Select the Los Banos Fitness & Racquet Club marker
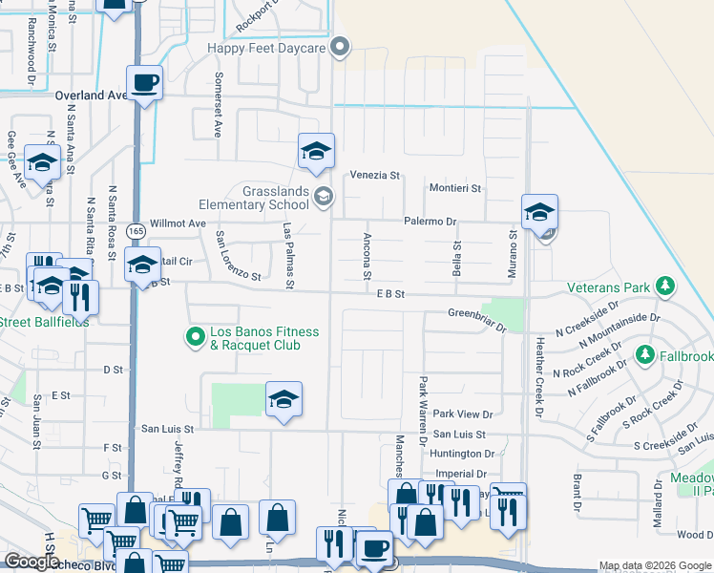pos(196,336)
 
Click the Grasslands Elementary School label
pos(253,197)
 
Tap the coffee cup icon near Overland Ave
pos(144,83)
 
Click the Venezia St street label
pos(374,176)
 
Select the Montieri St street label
pos(455,188)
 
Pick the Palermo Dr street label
pos(430,222)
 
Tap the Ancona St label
pos(367,255)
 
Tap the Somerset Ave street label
pos(219,104)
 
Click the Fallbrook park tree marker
pos(645,355)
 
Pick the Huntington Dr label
pos(462,454)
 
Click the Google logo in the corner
pos(32,562)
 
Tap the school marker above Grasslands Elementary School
pos(316,151)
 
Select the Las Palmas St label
pos(288,255)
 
